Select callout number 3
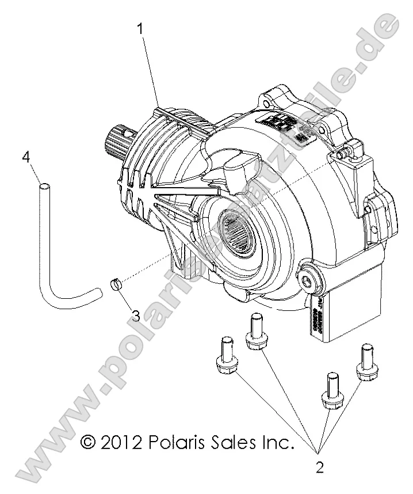point(136,316)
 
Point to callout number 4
point(25,157)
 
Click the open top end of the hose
point(44,185)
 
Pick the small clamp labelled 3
point(117,284)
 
